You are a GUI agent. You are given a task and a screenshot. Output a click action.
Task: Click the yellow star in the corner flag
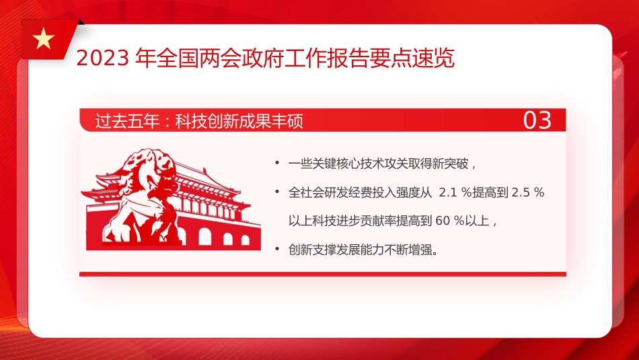(x=44, y=40)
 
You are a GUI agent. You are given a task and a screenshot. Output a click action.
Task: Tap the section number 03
(x=537, y=120)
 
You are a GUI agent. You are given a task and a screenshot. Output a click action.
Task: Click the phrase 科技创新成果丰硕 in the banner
(x=239, y=121)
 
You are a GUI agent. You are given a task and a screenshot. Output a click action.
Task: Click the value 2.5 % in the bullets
(x=527, y=192)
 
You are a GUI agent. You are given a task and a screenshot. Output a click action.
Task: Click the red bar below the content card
(x=322, y=274)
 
